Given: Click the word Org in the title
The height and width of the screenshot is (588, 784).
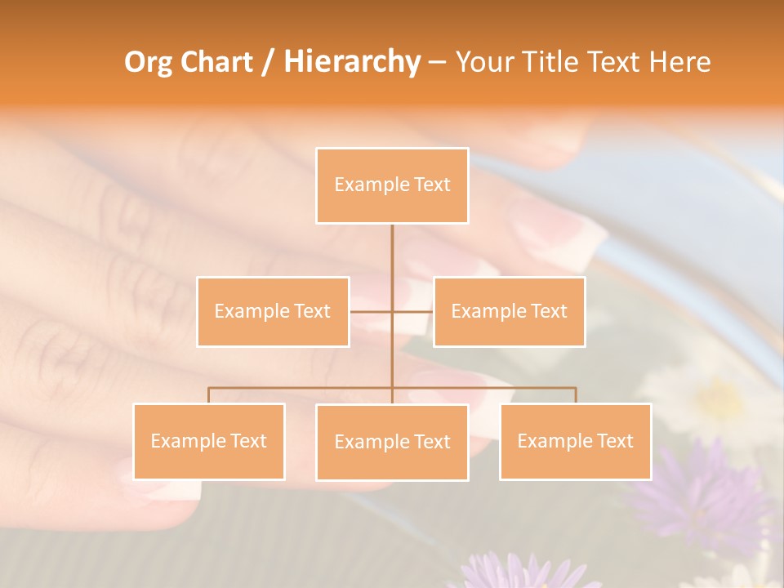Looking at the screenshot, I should point(149,63).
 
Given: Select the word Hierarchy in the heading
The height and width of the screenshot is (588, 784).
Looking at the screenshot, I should point(351,63).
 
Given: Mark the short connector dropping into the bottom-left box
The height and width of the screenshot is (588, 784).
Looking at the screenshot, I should point(209,395).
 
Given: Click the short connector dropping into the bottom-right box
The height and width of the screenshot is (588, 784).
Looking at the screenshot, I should point(576,395).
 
